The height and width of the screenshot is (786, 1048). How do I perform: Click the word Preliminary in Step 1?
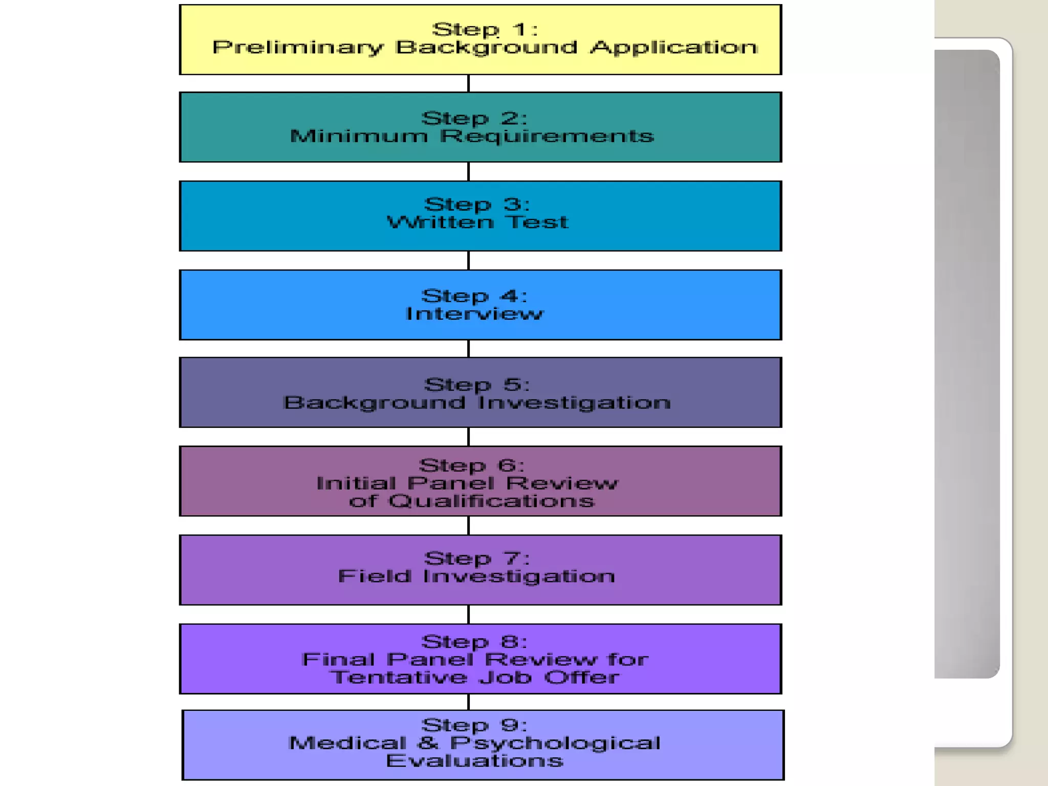point(297,48)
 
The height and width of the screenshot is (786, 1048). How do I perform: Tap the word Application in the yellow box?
point(673,48)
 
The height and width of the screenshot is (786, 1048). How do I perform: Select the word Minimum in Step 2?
point(359,136)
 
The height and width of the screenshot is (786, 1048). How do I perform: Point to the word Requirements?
point(547,137)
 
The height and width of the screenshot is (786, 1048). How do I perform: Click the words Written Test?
point(477,223)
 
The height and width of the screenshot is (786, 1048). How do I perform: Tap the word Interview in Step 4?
point(474,314)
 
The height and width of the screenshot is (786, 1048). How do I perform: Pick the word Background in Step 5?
point(374,403)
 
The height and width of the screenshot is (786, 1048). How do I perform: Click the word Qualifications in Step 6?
point(491,501)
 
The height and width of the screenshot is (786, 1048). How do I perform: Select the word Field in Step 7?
point(375,576)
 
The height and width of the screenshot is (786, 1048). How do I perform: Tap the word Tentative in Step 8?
point(399,678)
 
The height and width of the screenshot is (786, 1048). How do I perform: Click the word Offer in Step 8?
point(581,678)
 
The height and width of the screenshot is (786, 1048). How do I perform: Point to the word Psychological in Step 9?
point(555,744)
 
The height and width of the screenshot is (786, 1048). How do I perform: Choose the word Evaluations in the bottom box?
point(474,761)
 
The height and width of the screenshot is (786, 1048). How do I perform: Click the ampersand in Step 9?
point(428,743)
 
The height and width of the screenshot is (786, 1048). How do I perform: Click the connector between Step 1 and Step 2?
point(468,83)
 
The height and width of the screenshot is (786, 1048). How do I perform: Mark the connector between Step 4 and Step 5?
point(468,348)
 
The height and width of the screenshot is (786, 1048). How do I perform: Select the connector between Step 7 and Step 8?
point(468,614)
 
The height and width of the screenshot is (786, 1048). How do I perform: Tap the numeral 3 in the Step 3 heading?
point(513,204)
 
